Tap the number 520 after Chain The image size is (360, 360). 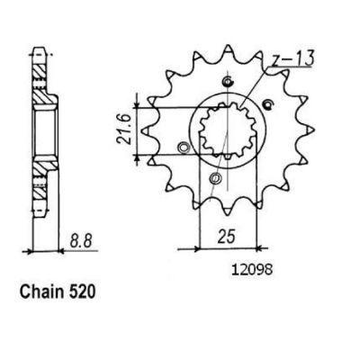pyautogui.click(x=82, y=292)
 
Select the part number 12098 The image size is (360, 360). pyautogui.click(x=252, y=270)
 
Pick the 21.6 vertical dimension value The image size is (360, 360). pyautogui.click(x=124, y=131)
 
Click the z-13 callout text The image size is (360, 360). pyautogui.click(x=292, y=58)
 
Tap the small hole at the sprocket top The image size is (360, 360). pyautogui.click(x=228, y=81)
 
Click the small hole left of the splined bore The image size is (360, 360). pyautogui.click(x=183, y=148)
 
